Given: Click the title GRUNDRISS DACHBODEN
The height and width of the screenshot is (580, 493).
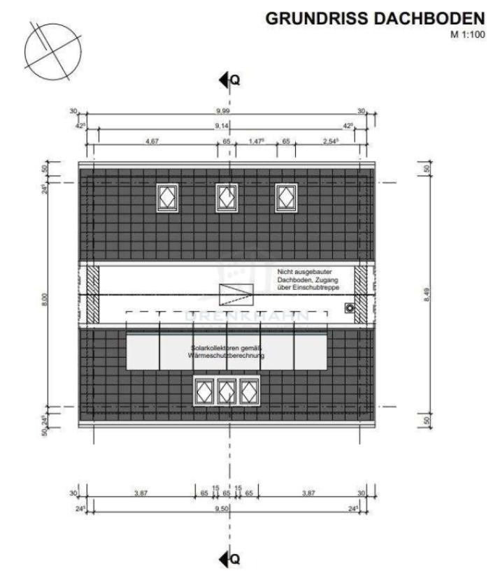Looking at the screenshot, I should (375, 19).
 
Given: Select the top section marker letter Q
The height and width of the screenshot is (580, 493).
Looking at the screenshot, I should (236, 80).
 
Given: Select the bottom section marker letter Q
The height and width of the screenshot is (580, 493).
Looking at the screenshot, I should (236, 559).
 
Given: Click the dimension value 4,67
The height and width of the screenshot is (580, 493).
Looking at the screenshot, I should (152, 141).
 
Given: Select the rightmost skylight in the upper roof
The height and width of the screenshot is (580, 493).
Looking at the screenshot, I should (286, 197).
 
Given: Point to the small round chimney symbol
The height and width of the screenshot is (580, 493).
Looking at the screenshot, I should (349, 307).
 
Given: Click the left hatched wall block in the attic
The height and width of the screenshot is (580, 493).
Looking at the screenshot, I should (92, 293).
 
